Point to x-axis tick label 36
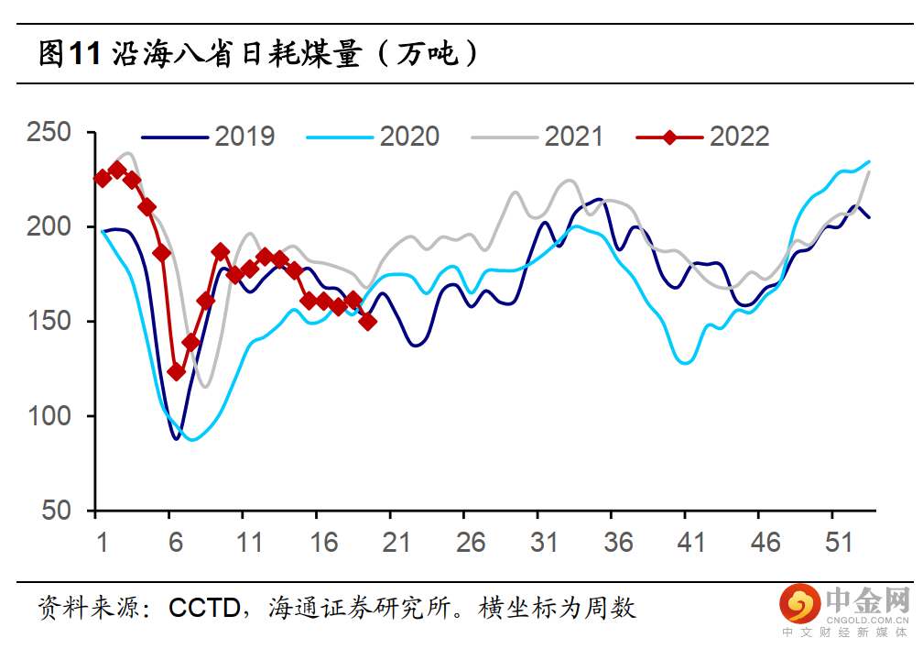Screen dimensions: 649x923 click(x=618, y=543)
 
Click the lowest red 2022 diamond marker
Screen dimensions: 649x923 click(x=177, y=372)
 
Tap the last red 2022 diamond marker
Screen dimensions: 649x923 click(x=368, y=322)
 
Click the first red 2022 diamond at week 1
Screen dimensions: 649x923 click(x=103, y=178)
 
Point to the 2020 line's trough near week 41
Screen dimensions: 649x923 click(x=685, y=363)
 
